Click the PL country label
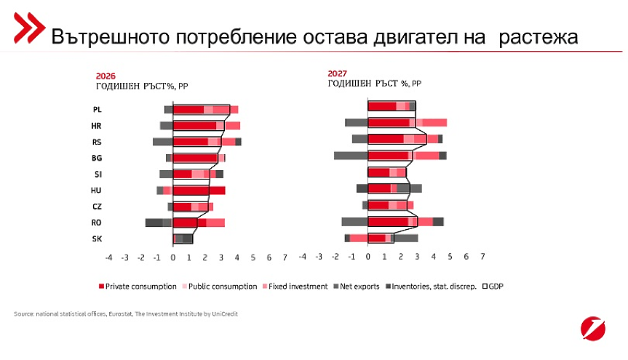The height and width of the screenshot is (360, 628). click(97, 110)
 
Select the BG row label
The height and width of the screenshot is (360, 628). click(97, 158)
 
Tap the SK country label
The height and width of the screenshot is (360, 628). click(97, 239)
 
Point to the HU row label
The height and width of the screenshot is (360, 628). click(97, 191)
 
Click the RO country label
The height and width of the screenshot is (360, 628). click(97, 223)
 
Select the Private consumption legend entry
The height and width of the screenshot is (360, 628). click(138, 287)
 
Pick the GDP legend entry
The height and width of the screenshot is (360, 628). click(493, 287)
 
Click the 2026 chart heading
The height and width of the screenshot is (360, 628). click(106, 76)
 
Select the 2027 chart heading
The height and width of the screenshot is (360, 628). click(338, 73)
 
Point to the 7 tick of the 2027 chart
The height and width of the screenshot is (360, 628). click(484, 257)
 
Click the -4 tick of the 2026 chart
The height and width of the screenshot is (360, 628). click(108, 257)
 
